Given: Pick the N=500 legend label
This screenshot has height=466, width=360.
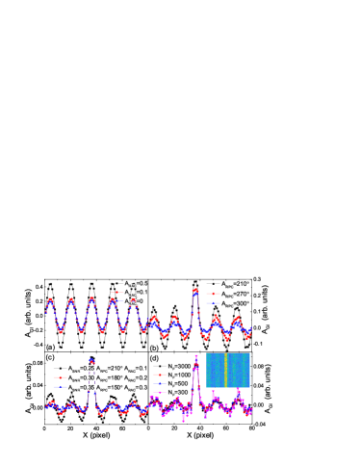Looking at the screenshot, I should (178, 383).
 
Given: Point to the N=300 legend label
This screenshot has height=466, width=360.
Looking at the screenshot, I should (178, 392).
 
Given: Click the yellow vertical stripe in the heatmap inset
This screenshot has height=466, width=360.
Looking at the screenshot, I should (226, 370).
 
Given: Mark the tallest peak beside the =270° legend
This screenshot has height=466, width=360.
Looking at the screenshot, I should (195, 292).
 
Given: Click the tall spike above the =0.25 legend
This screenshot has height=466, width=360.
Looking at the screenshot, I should (91, 362).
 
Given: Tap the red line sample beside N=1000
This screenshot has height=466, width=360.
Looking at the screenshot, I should (158, 375).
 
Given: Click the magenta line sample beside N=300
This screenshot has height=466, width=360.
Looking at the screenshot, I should (158, 392).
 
